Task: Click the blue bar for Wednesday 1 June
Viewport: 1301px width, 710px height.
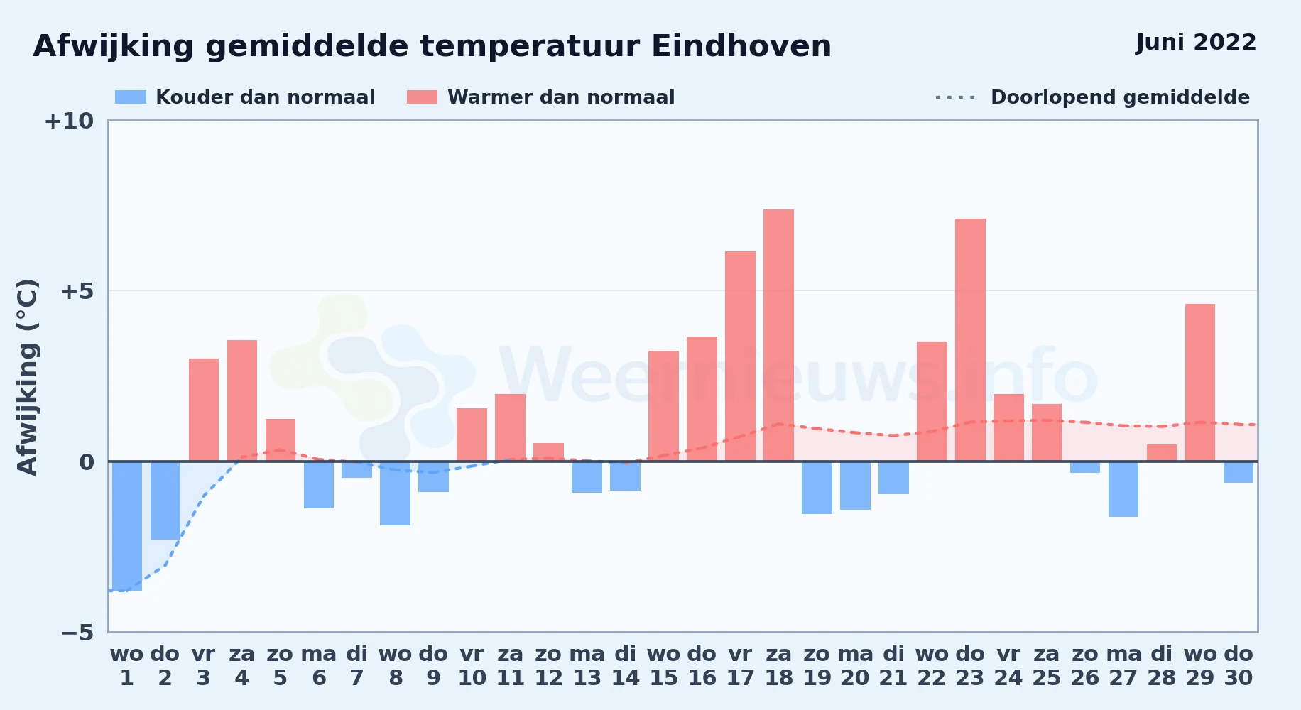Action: pos(127,526)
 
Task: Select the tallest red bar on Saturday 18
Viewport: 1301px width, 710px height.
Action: pos(779,335)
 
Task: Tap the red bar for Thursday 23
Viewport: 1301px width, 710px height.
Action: pos(970,340)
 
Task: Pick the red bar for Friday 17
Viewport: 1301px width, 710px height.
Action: pos(741,356)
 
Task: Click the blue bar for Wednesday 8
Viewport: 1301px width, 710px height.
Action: pos(396,493)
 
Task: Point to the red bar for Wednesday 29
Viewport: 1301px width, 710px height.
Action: pos(1200,383)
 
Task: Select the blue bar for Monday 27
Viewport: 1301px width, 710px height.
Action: pos(1123,489)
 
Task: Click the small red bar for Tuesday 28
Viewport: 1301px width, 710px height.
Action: pos(1162,453)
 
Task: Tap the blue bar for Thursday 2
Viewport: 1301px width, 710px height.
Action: pos(165,501)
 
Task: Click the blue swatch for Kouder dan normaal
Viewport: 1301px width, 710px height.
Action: pos(131,97)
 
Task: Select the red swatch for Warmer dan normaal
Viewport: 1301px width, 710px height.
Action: pos(422,97)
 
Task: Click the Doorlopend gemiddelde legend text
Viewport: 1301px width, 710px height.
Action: pos(1120,97)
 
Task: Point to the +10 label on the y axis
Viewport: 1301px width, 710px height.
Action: pos(69,121)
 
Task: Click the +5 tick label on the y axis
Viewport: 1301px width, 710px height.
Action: pos(77,291)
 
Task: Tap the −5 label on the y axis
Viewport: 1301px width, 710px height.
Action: pos(77,633)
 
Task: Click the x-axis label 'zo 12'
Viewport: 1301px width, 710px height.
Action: pos(549,666)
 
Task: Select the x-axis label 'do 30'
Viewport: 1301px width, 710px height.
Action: pos(1239,666)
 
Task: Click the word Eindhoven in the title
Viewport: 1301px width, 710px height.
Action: pos(741,47)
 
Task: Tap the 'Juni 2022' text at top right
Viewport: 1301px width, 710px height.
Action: pos(1196,43)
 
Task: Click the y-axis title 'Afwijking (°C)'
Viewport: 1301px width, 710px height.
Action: pos(27,377)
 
